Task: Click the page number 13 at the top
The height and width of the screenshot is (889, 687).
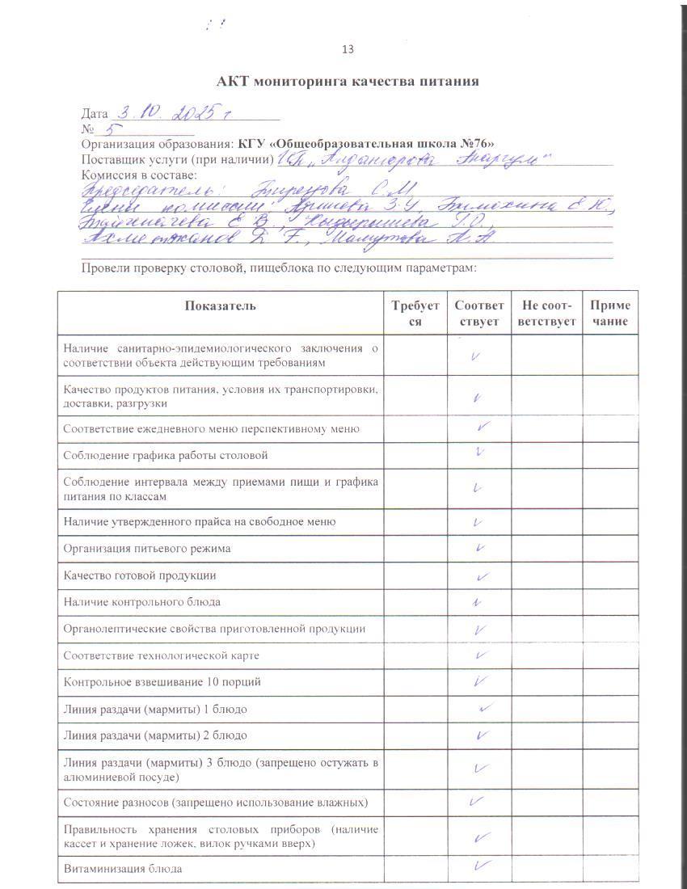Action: (348, 49)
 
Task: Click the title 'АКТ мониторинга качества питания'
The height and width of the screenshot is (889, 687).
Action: (348, 82)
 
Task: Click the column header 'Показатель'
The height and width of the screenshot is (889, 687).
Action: (220, 305)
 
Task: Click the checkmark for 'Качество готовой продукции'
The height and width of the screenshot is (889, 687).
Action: (483, 576)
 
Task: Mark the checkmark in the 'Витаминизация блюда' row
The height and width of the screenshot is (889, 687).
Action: (483, 867)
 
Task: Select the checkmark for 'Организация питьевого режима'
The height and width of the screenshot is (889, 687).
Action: (480, 549)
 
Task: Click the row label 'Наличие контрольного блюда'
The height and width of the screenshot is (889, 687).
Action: (142, 602)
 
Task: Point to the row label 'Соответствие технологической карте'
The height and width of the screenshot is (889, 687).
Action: (162, 655)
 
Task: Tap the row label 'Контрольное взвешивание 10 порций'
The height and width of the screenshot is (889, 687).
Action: (162, 682)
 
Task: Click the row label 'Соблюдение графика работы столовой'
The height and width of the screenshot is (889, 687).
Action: (166, 456)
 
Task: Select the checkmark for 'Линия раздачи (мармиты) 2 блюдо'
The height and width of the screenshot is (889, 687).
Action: (482, 735)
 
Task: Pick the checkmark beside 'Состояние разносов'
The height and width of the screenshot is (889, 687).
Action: (476, 802)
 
